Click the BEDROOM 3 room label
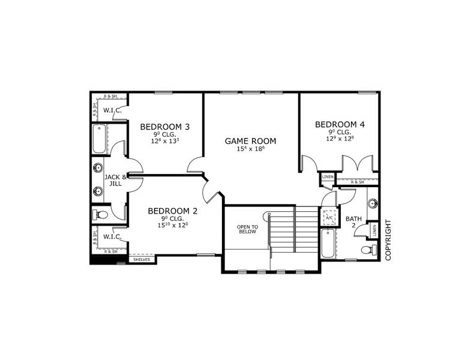[x=165, y=127]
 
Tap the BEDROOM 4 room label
[x=340, y=125]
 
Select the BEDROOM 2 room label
[x=173, y=211]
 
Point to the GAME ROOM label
[x=251, y=141]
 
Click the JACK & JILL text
[x=115, y=181]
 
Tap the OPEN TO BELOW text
[x=247, y=229]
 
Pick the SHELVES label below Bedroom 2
[x=142, y=260]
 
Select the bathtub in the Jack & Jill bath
[x=99, y=140]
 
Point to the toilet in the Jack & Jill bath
[x=101, y=214]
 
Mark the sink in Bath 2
[x=372, y=202]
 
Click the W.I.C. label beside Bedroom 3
[x=113, y=110]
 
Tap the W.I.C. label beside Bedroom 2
[x=113, y=236]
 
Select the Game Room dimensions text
[x=251, y=149]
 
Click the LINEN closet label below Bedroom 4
[x=328, y=177]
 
